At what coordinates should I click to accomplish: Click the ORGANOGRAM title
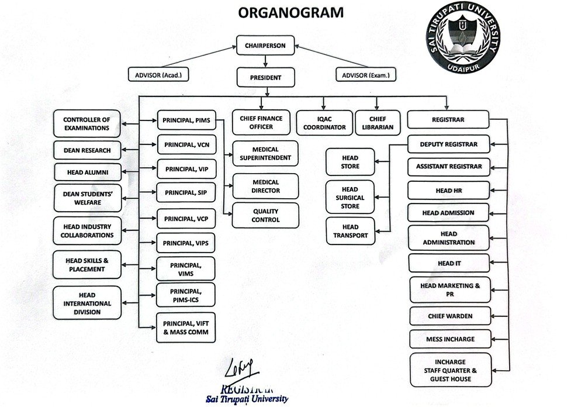285,13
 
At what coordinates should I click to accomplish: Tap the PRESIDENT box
265,77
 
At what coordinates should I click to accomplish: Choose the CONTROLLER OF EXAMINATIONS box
87,123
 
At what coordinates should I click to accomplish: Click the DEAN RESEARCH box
87,150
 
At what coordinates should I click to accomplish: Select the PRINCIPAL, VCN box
186,144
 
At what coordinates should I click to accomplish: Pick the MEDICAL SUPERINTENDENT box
265,154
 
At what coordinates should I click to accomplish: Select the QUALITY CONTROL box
265,215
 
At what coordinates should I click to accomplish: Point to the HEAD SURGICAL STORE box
350,198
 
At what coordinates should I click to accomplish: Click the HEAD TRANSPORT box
350,231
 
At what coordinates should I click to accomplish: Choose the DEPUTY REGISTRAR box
448,144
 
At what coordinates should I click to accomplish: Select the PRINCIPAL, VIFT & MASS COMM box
185,327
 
